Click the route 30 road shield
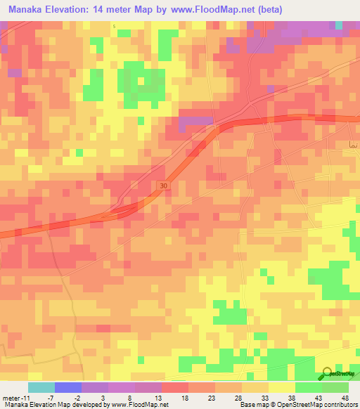[163, 184]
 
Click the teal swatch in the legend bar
[41, 387]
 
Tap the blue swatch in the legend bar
[67, 387]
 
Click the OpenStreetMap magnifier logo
[328, 374]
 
